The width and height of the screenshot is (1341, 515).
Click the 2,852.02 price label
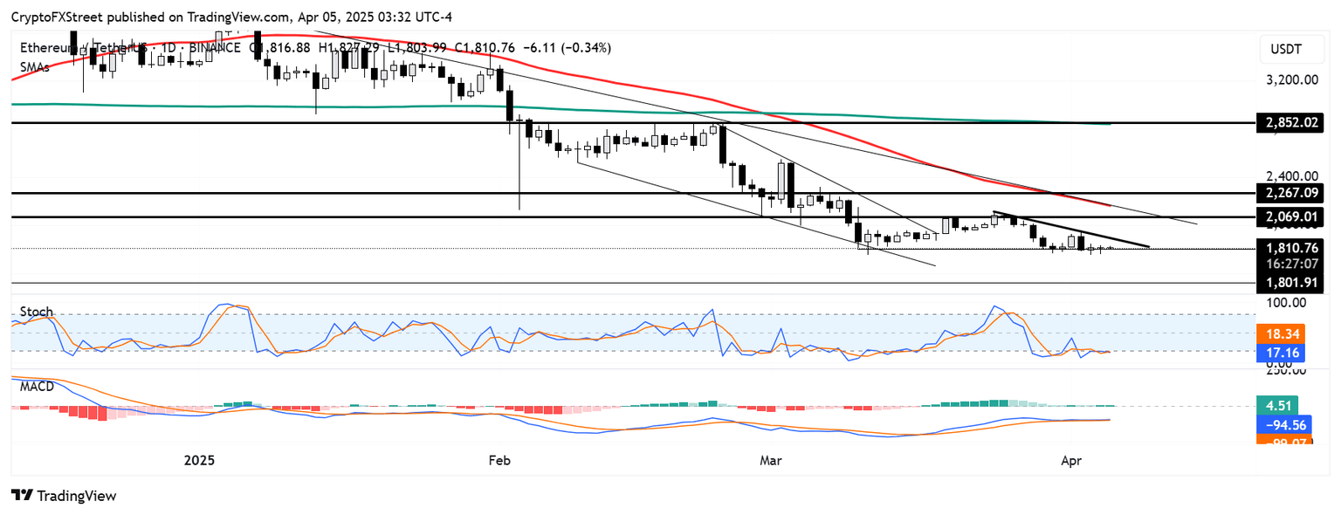1289,123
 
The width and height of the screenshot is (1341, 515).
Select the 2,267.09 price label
1289,192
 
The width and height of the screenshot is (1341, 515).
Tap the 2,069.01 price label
1289,216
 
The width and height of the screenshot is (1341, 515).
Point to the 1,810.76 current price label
1289,248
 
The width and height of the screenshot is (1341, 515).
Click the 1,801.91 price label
1289,283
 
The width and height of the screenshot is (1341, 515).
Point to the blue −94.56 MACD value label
1282,425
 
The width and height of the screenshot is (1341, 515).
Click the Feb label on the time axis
499,458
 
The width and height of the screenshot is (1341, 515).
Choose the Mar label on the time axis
769,458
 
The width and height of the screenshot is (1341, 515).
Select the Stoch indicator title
36,312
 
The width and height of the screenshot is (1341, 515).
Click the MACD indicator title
38,386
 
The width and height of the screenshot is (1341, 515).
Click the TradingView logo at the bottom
64,496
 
